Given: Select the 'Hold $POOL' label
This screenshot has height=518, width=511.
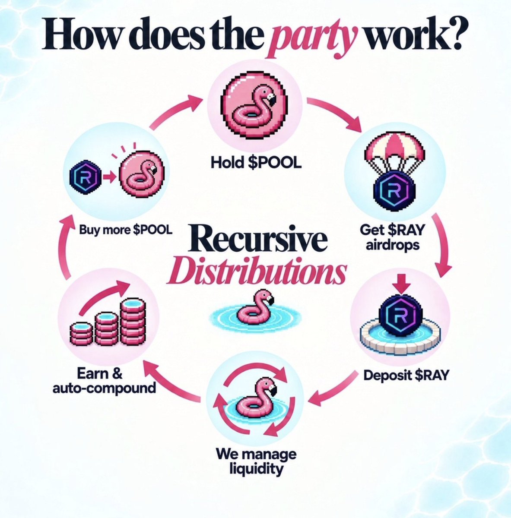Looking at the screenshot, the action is (256, 163).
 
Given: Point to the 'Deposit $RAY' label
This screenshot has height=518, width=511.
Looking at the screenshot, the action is (406, 375).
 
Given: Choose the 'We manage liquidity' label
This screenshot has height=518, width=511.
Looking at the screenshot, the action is (256, 461).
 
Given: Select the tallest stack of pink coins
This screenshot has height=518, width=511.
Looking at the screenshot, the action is (133, 322).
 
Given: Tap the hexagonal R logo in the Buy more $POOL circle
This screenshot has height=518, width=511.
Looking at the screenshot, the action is (85, 177).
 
